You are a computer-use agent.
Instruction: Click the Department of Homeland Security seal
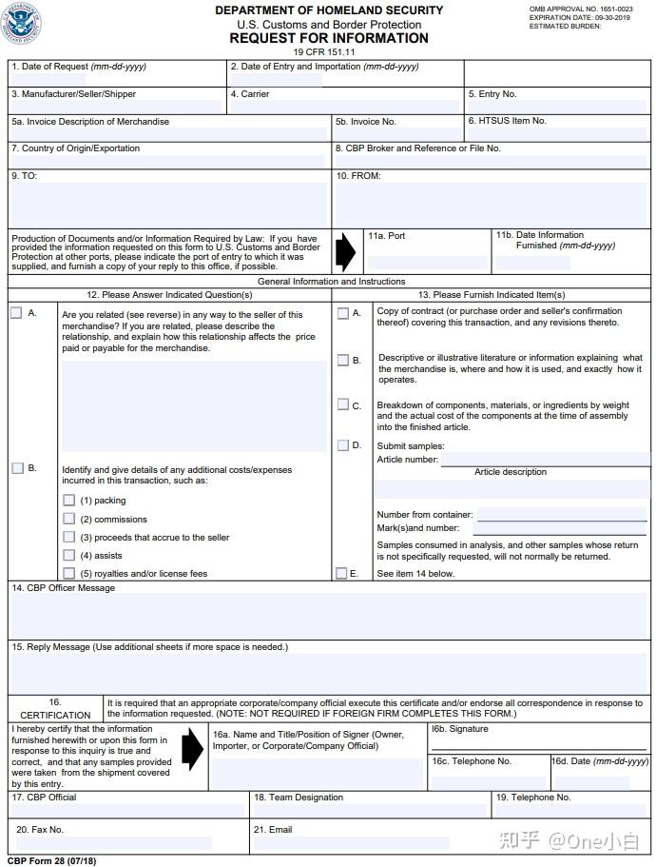23,23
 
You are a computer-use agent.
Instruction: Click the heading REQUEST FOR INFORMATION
328,38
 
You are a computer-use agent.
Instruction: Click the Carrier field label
250,94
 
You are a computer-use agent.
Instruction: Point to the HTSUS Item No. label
507,121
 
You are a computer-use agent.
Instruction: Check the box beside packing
69,500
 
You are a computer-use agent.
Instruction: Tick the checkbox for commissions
69,519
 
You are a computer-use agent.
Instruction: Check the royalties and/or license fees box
69,573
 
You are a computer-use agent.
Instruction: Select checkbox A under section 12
16,313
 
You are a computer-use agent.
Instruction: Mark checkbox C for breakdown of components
342,404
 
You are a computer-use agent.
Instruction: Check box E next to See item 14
341,573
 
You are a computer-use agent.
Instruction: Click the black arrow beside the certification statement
192,748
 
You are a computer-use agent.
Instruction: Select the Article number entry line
546,459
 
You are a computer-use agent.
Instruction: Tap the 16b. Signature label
460,729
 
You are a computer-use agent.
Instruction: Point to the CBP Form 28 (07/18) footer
52,860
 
